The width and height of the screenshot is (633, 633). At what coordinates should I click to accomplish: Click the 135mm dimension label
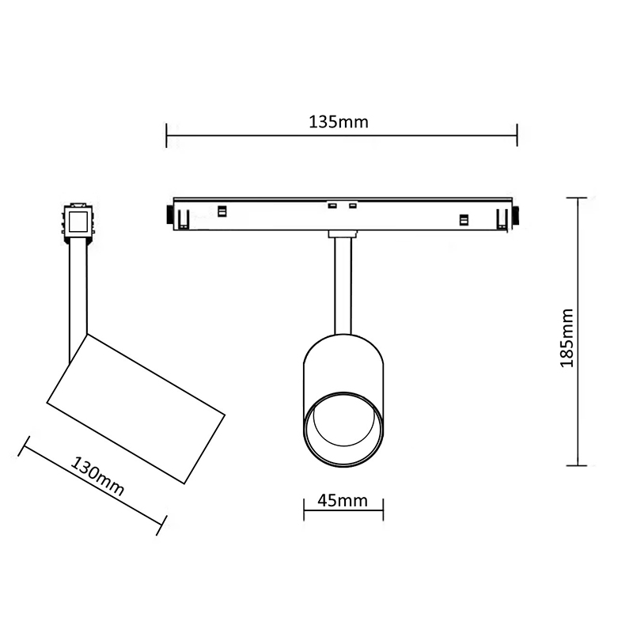[339, 122]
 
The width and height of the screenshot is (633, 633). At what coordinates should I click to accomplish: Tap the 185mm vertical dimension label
[567, 338]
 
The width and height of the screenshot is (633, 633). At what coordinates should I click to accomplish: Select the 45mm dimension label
[343, 501]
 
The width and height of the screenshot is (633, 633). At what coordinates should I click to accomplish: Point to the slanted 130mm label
[97, 476]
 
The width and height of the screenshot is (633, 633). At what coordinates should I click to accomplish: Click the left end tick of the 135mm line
[166, 135]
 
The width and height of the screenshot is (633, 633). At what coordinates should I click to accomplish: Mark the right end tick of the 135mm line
[517, 135]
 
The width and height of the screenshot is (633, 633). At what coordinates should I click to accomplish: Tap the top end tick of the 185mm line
[577, 198]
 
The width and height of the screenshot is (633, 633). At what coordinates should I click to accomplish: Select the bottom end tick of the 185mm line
[577, 465]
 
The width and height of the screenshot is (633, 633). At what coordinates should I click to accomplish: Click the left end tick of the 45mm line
[304, 510]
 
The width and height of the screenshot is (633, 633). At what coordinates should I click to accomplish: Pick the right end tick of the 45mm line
[383, 510]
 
